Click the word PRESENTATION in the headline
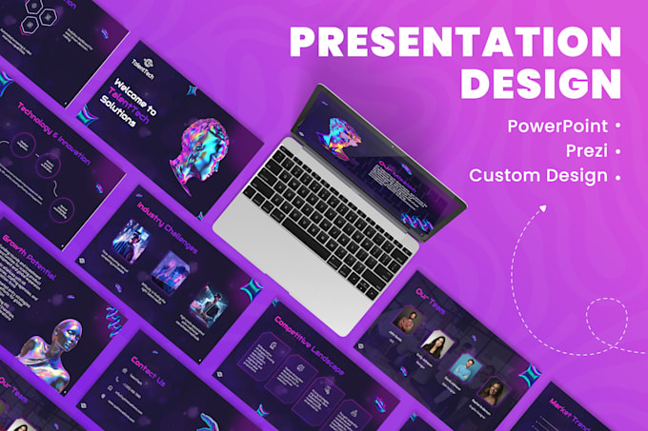(x=455, y=43)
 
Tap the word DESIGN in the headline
(x=540, y=84)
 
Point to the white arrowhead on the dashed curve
(x=543, y=205)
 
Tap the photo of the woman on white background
(x=434, y=344)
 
